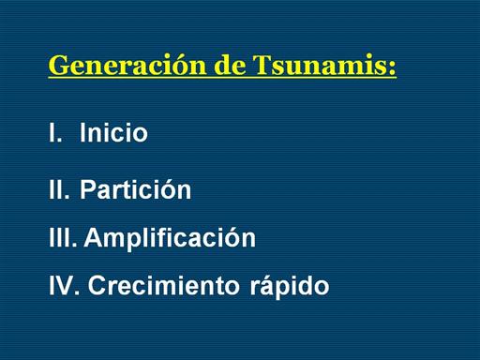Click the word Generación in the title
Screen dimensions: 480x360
click(127, 65)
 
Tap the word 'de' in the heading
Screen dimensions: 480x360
click(231, 65)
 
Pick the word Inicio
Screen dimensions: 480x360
click(113, 132)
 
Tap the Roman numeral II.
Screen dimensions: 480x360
click(59, 189)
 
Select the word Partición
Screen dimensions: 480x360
click(135, 188)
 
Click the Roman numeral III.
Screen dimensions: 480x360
click(63, 237)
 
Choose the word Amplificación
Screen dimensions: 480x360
click(170, 238)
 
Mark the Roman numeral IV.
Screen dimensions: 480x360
click(65, 285)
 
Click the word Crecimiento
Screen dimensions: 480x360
click(163, 285)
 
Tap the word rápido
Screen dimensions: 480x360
click(290, 285)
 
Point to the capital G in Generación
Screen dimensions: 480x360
click(58, 65)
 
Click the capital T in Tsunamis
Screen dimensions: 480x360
click(262, 65)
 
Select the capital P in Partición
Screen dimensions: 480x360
click(87, 189)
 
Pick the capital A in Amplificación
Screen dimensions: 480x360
click(93, 237)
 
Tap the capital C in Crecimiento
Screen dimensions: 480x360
click(97, 285)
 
